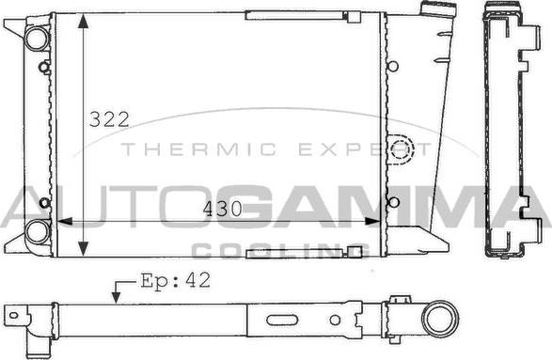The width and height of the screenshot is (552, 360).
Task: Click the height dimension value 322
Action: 109,119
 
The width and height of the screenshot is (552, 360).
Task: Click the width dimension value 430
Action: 223,209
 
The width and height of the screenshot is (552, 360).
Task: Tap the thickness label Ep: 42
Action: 176,281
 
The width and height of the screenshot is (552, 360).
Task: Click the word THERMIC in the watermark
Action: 199,149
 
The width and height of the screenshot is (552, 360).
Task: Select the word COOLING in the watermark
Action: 280,251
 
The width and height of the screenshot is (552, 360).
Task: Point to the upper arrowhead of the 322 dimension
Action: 83,21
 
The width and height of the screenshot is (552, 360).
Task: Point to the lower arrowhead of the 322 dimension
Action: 83,249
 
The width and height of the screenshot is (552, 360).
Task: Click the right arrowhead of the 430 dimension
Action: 372,221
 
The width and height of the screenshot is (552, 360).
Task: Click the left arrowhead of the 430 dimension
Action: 65,221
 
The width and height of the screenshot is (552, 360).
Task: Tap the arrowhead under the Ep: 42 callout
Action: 116,297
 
